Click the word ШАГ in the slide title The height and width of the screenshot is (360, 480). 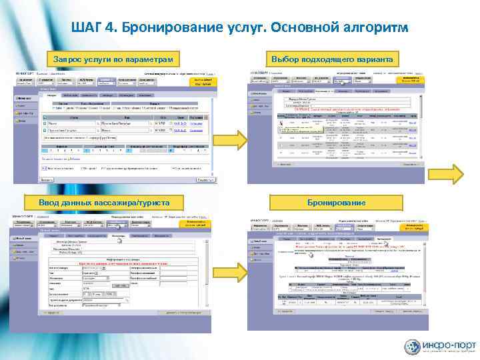[x=91, y=30]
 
